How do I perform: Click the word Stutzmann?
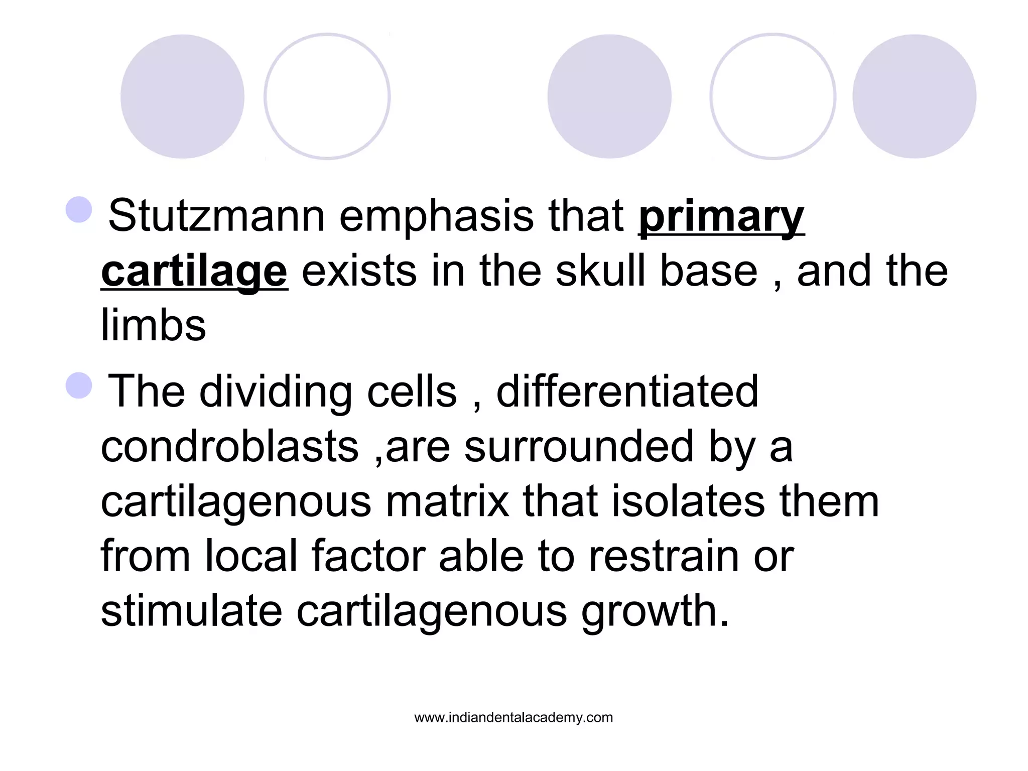216,216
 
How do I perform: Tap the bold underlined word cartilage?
194,272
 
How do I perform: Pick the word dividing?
276,392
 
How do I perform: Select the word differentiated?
627,392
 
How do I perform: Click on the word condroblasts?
230,447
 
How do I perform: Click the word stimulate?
192,611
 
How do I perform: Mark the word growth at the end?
655,612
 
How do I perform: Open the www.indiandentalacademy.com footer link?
513,718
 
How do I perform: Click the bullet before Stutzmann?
79,209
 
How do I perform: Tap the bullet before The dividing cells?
79,385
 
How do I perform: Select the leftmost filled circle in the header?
182,96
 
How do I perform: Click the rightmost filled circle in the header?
914,96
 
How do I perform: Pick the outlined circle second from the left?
327,96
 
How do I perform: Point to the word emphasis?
436,216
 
